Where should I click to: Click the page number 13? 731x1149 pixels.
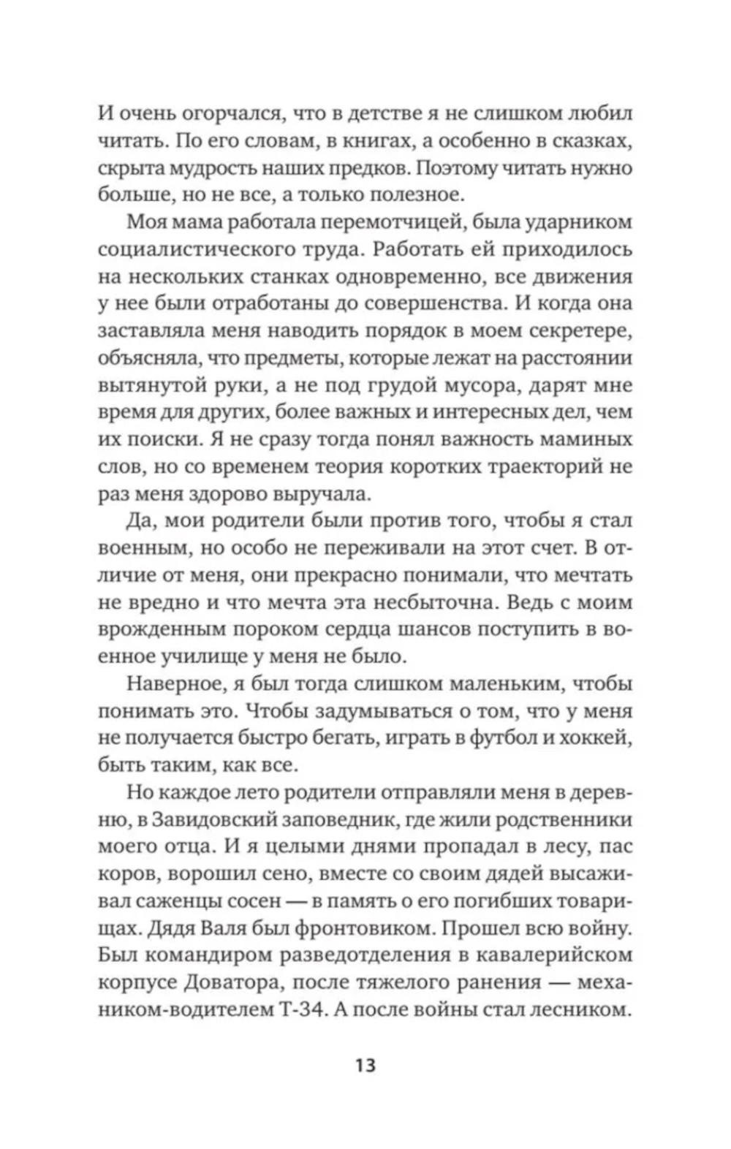coord(365,1064)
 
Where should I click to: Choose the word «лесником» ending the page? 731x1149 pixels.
coord(578,1010)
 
